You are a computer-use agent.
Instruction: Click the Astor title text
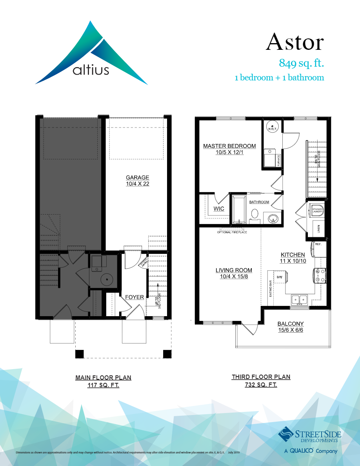tap(295, 42)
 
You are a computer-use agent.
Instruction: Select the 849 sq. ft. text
tap(301, 63)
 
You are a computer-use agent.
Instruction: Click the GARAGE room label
tap(137, 177)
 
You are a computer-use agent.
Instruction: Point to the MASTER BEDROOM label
tap(229, 146)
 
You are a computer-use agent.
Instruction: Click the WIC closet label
tap(219, 209)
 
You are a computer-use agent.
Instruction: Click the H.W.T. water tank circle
tap(272, 127)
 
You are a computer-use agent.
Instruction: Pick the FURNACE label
tap(279, 160)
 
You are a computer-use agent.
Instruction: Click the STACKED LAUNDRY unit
tap(317, 211)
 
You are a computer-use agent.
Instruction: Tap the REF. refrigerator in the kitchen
tap(318, 249)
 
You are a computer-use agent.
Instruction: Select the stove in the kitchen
tap(319, 275)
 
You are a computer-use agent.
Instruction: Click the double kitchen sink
tap(299, 300)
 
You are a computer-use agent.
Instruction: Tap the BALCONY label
tap(291, 324)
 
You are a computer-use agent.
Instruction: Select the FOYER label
tap(135, 297)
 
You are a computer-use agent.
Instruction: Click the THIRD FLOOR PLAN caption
tap(261, 377)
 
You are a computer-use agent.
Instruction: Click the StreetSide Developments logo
tap(310, 435)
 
